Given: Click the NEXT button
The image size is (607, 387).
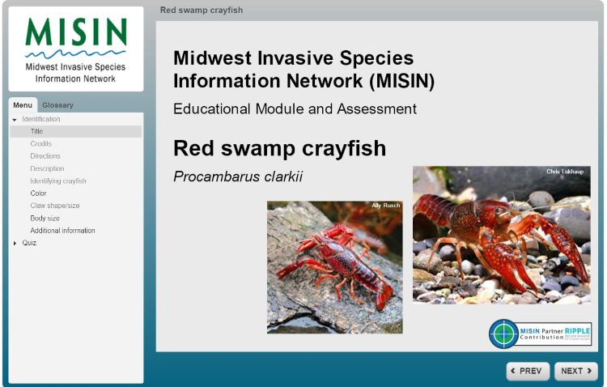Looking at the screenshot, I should pyautogui.click(x=576, y=371).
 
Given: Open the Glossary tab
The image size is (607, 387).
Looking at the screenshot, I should pyautogui.click(x=57, y=105).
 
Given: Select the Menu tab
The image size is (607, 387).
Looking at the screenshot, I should pyautogui.click(x=23, y=105).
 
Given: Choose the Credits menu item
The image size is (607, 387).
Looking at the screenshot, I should pyautogui.click(x=41, y=144).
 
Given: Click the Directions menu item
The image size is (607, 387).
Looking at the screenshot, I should pyautogui.click(x=45, y=156).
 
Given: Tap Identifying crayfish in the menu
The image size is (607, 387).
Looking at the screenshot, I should pyautogui.click(x=58, y=181).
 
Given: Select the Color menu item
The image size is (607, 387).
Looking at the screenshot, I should pyautogui.click(x=39, y=193).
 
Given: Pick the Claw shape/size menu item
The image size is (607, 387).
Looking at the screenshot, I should pyautogui.click(x=55, y=206).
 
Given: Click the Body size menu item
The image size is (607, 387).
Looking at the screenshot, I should pyautogui.click(x=45, y=219).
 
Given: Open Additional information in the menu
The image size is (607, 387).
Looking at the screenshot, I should pyautogui.click(x=62, y=231).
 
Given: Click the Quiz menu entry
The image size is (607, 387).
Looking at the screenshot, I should pyautogui.click(x=29, y=243).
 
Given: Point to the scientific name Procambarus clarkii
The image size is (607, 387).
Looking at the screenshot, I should pyautogui.click(x=238, y=176).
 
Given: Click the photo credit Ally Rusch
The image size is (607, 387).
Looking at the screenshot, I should pyautogui.click(x=386, y=206).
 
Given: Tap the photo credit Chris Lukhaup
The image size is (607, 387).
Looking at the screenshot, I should pyautogui.click(x=564, y=172).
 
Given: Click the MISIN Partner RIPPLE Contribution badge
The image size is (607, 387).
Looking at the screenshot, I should pyautogui.click(x=540, y=334).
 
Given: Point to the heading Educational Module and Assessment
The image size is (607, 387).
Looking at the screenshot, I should pyautogui.click(x=295, y=108).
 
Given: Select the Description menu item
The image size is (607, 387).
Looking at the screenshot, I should pyautogui.click(x=47, y=168).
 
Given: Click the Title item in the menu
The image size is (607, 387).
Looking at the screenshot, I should pyautogui.click(x=37, y=131).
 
